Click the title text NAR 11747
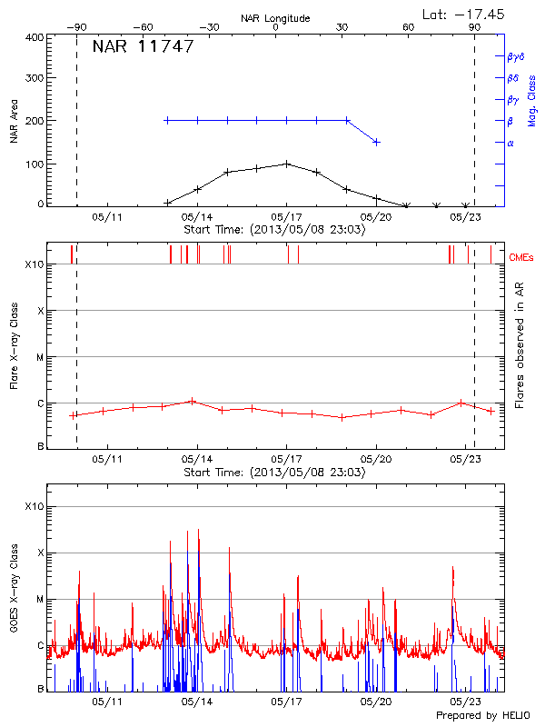[143, 47]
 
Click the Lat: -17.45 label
[464, 13]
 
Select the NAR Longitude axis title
[275, 17]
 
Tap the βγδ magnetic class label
[516, 56]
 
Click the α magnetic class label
[510, 143]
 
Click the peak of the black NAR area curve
[287, 164]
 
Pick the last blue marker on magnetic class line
[376, 142]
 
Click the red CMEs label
[522, 257]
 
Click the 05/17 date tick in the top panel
[286, 217]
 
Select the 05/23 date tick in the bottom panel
[465, 702]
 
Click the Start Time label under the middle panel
[274, 473]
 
